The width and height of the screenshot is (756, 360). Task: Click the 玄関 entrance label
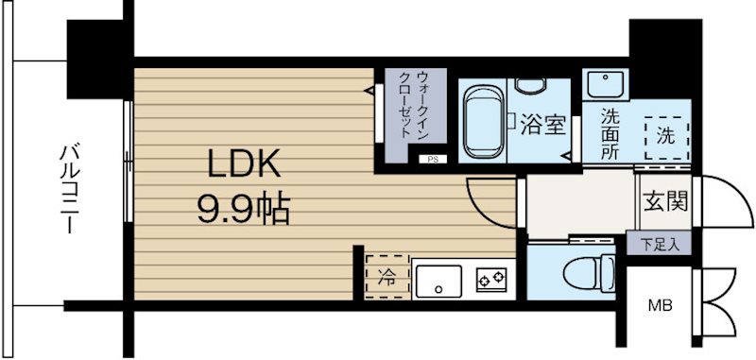664,200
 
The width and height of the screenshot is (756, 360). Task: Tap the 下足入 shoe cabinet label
659,244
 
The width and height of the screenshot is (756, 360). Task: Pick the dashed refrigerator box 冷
387,276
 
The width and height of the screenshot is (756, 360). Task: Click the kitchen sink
437,280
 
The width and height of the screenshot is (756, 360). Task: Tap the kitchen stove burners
491,279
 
